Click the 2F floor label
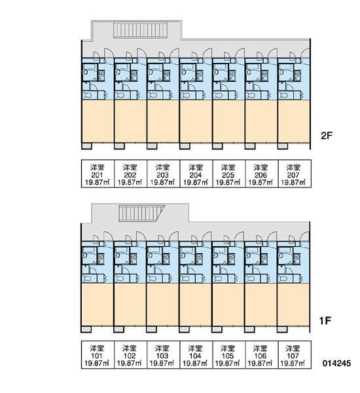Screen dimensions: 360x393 [x=327, y=136]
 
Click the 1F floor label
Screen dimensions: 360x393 [x=325, y=320]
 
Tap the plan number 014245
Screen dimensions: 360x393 [x=336, y=363]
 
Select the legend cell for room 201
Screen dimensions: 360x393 [x=98, y=174]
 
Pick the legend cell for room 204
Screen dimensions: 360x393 [x=196, y=174]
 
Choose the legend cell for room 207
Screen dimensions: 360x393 [x=295, y=174]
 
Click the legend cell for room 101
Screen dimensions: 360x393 [x=98, y=354]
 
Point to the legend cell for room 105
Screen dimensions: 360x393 [x=228, y=354]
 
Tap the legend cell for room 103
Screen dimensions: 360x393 [x=163, y=354]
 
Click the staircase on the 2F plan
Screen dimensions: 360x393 [x=140, y=30]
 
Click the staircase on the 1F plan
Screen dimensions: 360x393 [x=140, y=214]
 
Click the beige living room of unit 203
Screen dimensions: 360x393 [x=163, y=121]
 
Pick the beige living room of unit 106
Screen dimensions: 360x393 [x=261, y=305]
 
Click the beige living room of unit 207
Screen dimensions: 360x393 [x=294, y=121]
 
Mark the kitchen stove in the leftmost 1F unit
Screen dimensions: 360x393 [x=101, y=259]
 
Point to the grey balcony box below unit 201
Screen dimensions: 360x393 [x=86, y=146]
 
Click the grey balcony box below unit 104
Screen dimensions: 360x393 [x=184, y=329]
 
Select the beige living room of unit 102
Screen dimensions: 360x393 [x=130, y=305]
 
